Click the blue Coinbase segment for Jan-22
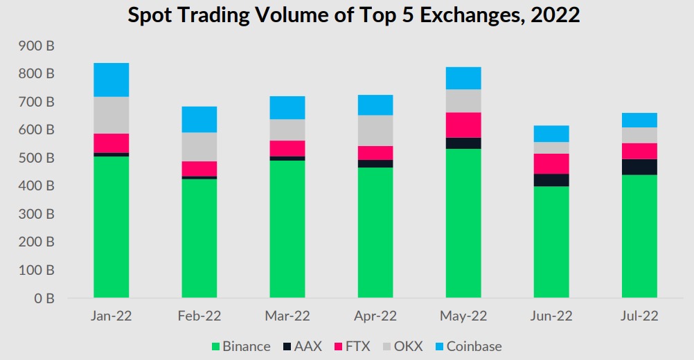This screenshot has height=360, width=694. [111, 80]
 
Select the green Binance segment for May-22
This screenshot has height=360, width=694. [463, 223]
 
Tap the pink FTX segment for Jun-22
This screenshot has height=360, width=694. [551, 163]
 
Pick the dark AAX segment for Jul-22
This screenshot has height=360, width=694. [639, 167]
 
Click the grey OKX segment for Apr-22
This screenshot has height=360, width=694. [375, 130]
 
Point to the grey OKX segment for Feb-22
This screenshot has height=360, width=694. [199, 147]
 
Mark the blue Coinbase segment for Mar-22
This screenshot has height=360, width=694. [287, 107]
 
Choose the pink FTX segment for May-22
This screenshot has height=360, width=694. [463, 125]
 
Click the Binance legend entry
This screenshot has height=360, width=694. [241, 346]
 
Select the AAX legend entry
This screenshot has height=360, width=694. [302, 346]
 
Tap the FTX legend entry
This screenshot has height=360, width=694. [353, 346]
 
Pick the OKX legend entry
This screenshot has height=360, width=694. [403, 346]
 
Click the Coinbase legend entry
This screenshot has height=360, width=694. [469, 346]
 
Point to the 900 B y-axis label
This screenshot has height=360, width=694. [36, 46]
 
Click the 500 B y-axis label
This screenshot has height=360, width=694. [36, 158]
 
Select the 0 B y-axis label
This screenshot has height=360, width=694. [44, 298]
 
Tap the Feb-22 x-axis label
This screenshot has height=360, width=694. [199, 316]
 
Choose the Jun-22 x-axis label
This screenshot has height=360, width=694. [551, 316]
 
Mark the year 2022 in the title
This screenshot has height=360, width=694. [555, 15]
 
